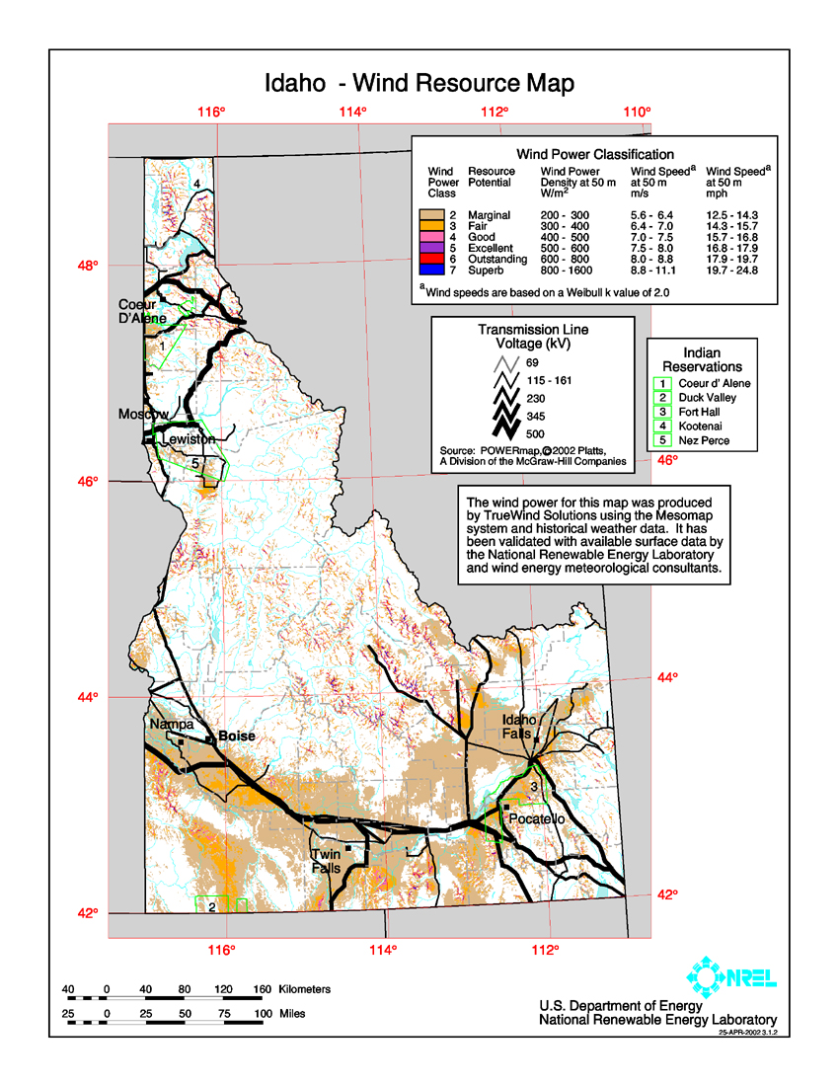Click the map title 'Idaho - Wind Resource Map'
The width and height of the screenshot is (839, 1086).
(419, 83)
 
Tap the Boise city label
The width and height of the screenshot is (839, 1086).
(237, 737)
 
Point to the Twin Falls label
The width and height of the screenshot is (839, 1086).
(326, 861)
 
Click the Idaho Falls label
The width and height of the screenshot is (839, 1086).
(520, 727)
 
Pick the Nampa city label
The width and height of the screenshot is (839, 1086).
(172, 725)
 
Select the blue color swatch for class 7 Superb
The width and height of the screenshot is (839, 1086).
(430, 269)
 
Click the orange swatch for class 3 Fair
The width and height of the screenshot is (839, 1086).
(430, 226)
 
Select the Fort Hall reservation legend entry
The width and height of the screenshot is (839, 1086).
(698, 413)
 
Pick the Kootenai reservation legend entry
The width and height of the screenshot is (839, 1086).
(698, 427)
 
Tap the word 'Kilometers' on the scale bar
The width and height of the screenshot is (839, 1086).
(305, 989)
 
